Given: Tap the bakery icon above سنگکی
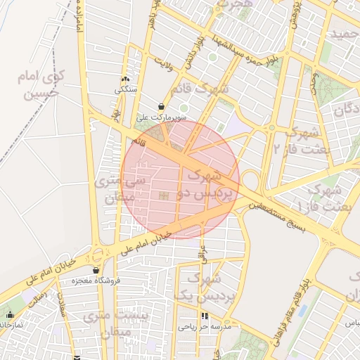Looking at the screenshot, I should point(126,79).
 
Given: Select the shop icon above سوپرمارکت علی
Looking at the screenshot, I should point(162,107).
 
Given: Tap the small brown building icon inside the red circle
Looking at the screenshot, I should point(164,195).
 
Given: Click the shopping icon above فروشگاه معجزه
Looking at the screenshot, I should point(96,270).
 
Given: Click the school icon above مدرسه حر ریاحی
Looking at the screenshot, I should point(205,316).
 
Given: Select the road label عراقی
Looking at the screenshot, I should point(202,254).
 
